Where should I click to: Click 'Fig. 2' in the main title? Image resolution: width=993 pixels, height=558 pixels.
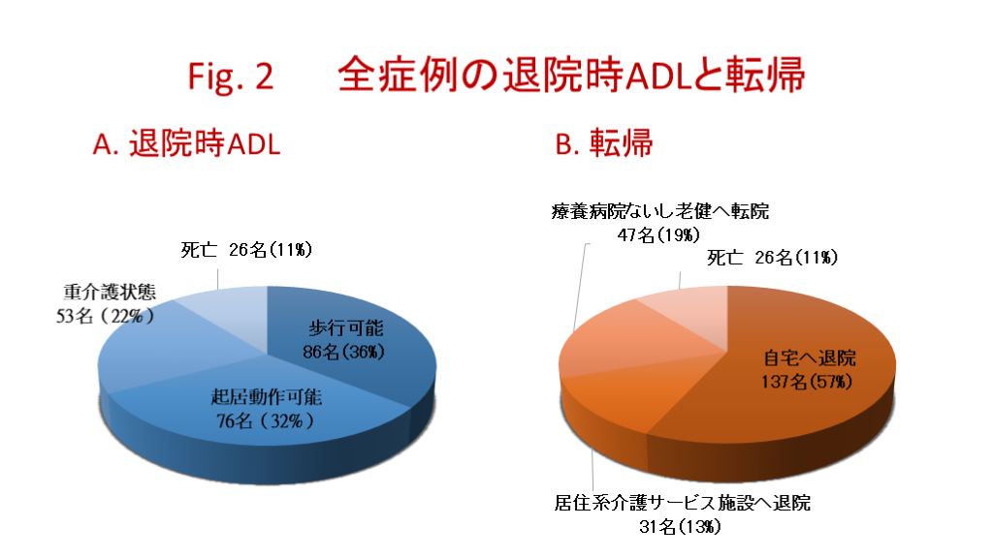pos(231,77)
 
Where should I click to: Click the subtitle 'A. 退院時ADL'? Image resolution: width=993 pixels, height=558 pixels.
pos(186,143)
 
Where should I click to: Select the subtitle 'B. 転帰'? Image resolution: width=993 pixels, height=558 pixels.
pos(603,143)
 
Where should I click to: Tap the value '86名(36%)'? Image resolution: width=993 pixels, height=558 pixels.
pos(344,352)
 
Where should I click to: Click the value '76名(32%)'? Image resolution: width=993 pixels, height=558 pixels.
pos(266,420)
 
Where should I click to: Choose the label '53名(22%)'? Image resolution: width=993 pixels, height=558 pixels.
pos(105,315)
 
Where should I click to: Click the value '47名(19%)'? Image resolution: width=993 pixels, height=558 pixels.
pos(658,234)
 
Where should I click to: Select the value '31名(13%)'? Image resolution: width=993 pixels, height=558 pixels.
pos(680,526)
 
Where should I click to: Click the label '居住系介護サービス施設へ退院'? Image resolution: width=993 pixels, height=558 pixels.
pos(682,503)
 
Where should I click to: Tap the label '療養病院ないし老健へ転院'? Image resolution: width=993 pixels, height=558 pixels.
pos(659,210)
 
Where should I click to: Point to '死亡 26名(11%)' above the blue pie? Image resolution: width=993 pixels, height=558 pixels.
pos(246,250)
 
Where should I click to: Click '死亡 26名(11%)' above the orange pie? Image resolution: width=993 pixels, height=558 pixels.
pos(772,258)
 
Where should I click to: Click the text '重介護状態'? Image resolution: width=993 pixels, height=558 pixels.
pos(110,292)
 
